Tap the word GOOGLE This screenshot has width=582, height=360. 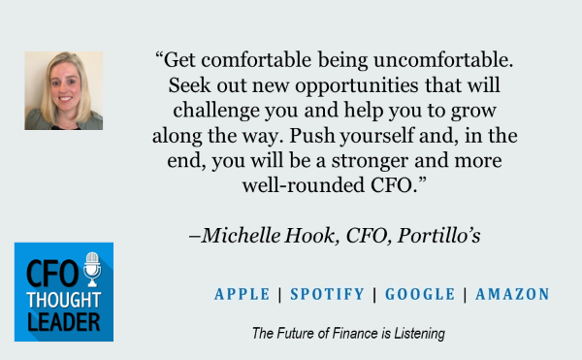point(420,294)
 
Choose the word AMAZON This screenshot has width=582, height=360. point(511,294)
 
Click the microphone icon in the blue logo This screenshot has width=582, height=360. point(92,269)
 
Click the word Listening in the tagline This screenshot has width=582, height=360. point(415,334)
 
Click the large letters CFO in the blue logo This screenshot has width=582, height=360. point(48,271)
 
